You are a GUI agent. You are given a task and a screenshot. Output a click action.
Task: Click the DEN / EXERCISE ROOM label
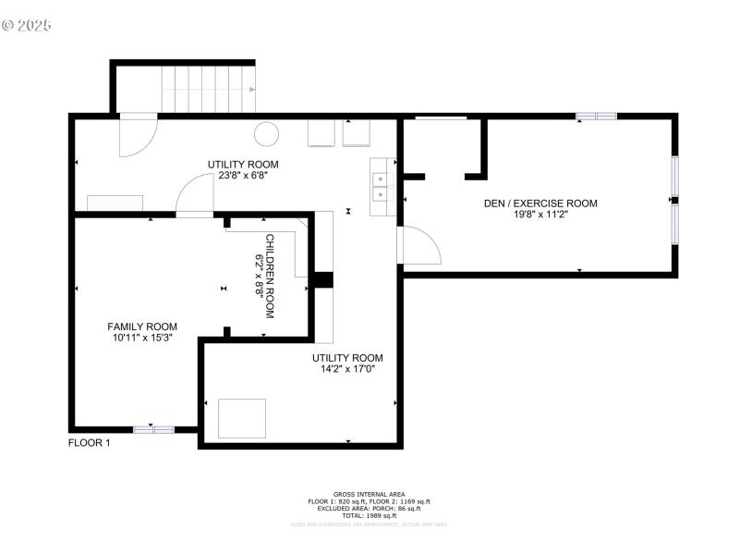pyautogui.click(x=540, y=203)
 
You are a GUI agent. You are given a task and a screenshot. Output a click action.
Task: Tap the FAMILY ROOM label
pyautogui.click(x=142, y=327)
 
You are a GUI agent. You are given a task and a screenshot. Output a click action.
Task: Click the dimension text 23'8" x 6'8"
pyautogui.click(x=243, y=176)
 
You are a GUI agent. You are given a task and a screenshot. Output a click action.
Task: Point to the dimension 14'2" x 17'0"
pyautogui.click(x=346, y=369)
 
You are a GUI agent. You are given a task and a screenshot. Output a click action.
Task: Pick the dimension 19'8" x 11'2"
pyautogui.click(x=540, y=216)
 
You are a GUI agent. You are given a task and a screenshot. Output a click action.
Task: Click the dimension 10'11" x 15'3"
pyautogui.click(x=142, y=338)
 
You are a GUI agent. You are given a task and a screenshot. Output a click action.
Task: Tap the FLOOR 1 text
pyautogui.click(x=90, y=443)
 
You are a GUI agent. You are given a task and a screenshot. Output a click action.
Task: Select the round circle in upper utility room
pyautogui.click(x=267, y=134)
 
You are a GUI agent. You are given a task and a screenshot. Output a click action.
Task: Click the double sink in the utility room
pyautogui.click(x=380, y=186)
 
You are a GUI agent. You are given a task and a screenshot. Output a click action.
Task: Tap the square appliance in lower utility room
pyautogui.click(x=242, y=418)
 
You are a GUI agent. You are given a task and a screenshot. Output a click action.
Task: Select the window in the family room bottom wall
pyautogui.click(x=153, y=429)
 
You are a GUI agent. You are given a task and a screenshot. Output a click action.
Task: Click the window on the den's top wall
pyautogui.click(x=596, y=116)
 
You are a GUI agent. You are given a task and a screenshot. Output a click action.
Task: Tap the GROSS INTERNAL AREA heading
pyautogui.click(x=369, y=494)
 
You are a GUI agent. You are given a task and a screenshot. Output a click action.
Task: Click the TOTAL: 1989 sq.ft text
pyautogui.click(x=369, y=515)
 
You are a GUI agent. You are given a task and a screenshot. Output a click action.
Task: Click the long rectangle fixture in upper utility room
pyautogui.click(x=115, y=203)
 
